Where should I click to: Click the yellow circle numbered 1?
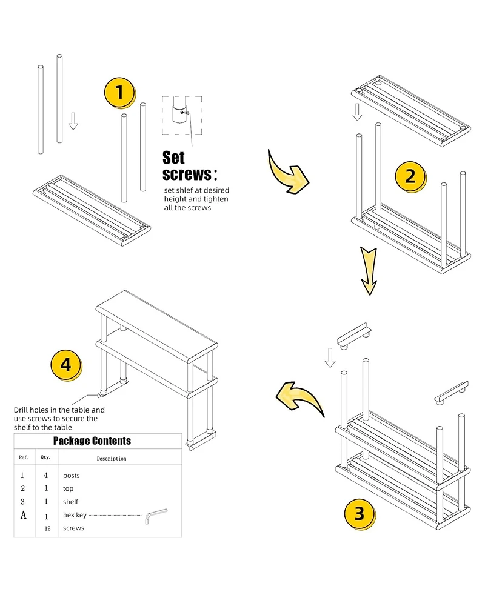pos(119,93)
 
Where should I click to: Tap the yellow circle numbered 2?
pos(410,176)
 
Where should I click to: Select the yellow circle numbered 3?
pos(360,514)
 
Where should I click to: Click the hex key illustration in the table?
pos(155,516)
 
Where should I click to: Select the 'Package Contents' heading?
pos(92,441)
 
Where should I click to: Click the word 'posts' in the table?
pos(72,476)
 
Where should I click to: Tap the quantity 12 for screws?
pos(47,528)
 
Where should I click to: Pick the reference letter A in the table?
pos(23,515)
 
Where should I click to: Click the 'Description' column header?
pos(111,459)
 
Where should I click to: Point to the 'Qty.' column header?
pos(45,457)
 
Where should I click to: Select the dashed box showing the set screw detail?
pos(181,115)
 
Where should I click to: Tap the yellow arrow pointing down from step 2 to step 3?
pos(368,270)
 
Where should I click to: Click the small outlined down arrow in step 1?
pos(73,121)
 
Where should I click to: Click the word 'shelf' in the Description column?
pos(71,502)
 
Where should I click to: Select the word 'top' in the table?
pos(69,488)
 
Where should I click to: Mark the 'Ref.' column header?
pos(24,457)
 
